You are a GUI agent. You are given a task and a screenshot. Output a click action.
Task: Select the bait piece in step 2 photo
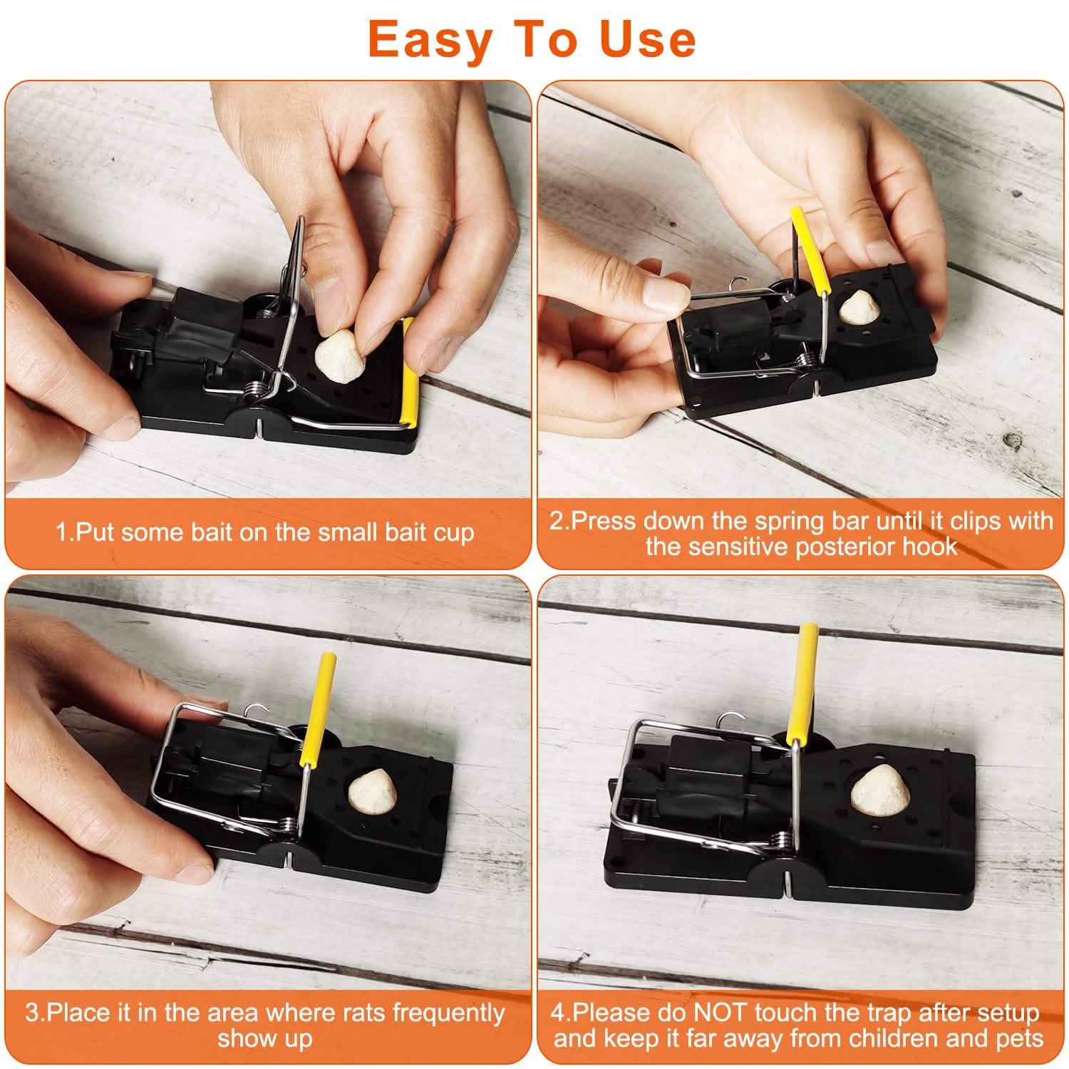pos(855,308)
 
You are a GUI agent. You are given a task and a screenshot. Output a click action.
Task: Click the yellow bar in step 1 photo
pos(410,371)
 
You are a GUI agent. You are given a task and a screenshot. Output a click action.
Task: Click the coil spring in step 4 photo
pos(782,845)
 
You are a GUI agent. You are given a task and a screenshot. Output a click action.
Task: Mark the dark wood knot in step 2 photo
pos(1013,440)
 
